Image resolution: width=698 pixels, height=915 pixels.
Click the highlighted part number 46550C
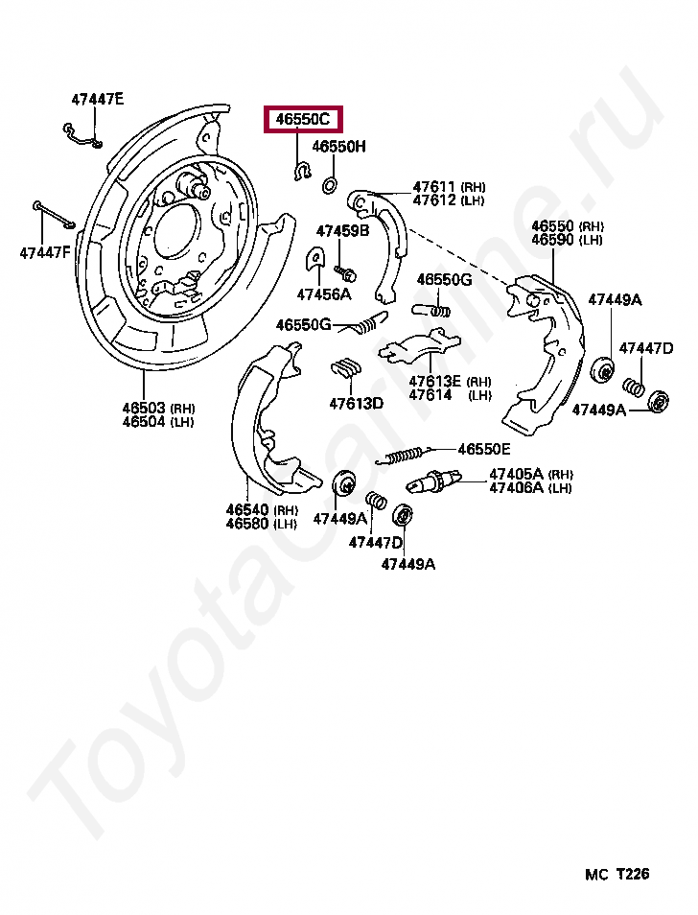pos(302,120)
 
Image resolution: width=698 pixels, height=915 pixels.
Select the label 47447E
pos(97,99)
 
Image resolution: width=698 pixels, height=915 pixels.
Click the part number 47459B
pos(342,231)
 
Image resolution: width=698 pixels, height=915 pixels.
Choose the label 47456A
pos(323,293)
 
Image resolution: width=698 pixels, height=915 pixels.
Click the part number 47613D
pos(356,403)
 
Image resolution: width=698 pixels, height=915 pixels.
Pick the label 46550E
pos(483,449)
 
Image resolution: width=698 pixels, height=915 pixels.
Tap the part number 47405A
pos(516,474)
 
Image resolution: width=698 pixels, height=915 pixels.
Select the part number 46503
pos(144,408)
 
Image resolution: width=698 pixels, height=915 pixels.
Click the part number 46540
pos(248,509)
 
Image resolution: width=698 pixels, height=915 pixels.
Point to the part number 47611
pos(435,187)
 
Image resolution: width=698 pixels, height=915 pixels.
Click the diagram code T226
pos(632,874)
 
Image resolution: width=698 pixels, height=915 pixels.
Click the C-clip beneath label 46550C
pos(300,172)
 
